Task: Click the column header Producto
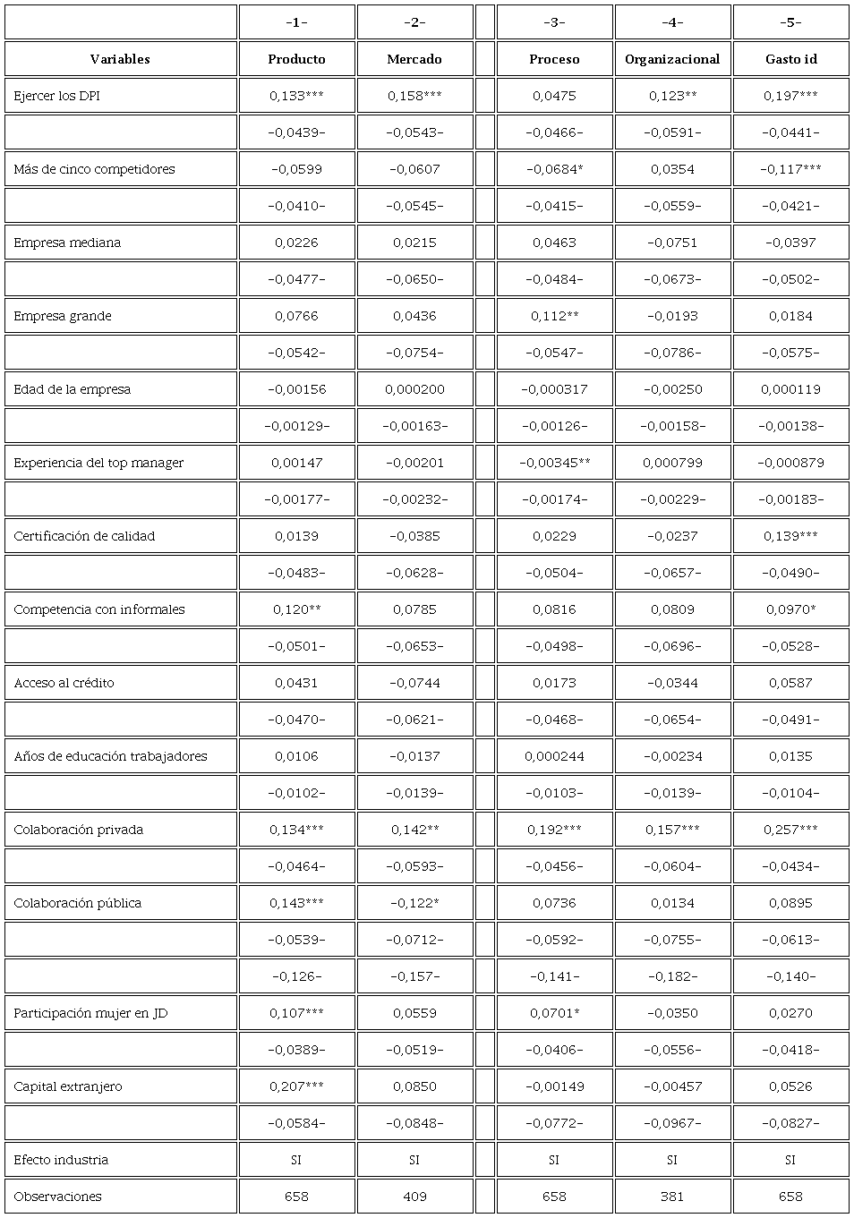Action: point(296,59)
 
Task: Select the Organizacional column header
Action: point(672,59)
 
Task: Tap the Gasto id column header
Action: point(790,59)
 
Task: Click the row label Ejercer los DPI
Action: point(56,96)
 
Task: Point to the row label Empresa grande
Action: point(63,316)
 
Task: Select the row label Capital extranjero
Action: point(68,1086)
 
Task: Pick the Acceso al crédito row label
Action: point(64,683)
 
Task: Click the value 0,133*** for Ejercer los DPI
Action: point(296,96)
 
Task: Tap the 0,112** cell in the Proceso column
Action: point(554,316)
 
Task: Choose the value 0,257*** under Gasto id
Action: point(790,830)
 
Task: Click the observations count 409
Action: point(414,1197)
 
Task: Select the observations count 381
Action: point(672,1197)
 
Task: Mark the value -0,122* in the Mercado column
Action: point(414,903)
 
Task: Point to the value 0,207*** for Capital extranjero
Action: point(296,1086)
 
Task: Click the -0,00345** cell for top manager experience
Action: point(554,463)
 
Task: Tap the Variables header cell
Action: point(120,59)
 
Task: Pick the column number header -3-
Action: point(554,22)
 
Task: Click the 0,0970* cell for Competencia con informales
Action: point(790,609)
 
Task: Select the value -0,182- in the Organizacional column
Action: point(672,976)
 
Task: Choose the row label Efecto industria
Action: point(61,1160)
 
